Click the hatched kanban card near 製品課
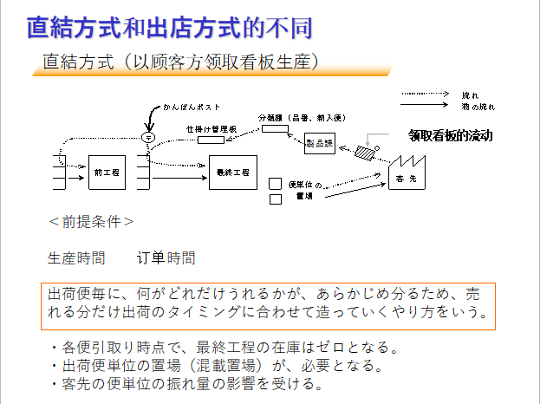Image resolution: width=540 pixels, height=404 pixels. [365, 152]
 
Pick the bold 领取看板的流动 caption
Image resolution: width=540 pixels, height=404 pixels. [450, 136]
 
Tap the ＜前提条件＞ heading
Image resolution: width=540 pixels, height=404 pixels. [91, 221]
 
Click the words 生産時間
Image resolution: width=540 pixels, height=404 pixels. [76, 257]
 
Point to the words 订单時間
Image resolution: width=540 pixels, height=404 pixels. [166, 257]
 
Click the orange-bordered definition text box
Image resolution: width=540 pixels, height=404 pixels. [267, 305]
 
